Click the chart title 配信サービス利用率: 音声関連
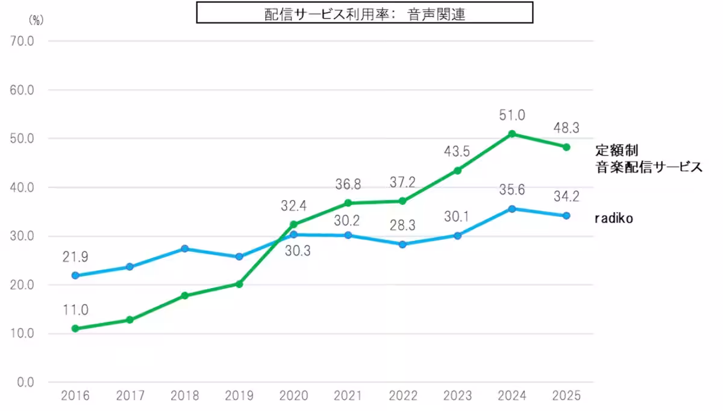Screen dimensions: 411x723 click(x=365, y=13)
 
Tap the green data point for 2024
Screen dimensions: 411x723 click(x=512, y=133)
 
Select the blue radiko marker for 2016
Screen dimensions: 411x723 click(x=75, y=275)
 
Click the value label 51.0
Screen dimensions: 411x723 click(x=512, y=115)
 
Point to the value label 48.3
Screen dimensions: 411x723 click(x=566, y=128)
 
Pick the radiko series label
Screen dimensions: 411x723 click(x=614, y=219)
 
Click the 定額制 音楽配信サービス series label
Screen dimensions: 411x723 click(x=648, y=158)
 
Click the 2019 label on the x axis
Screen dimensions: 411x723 click(x=239, y=397)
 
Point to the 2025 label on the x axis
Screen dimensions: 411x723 click(x=566, y=397)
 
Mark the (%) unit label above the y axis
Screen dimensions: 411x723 click(x=36, y=19)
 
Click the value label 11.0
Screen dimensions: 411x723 click(x=75, y=310)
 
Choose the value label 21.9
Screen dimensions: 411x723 click(x=75, y=257)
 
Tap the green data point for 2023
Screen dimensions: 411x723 click(x=457, y=171)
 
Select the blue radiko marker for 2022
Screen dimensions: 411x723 click(x=402, y=244)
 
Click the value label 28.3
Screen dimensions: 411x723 click(x=402, y=225)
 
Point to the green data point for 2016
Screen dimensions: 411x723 click(x=75, y=328)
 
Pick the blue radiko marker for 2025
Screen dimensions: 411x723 click(x=566, y=216)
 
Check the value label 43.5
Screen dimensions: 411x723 click(x=457, y=152)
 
